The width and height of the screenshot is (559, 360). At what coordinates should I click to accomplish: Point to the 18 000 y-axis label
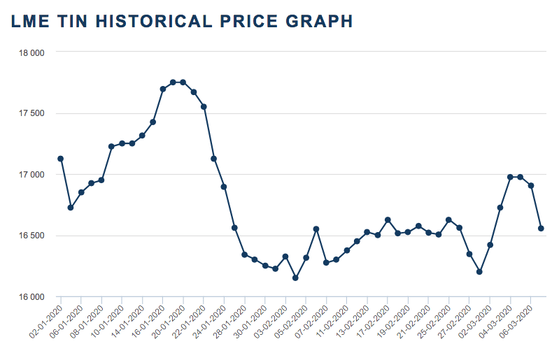[x=31, y=52]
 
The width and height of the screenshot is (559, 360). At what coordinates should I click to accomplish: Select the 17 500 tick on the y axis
[x=31, y=113]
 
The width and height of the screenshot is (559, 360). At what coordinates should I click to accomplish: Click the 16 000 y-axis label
[x=31, y=296]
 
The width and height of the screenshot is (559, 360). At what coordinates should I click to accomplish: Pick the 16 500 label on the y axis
[x=31, y=236]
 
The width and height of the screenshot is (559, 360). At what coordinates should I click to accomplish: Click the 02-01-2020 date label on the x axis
[x=46, y=321]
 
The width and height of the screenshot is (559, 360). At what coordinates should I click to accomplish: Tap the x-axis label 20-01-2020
[x=169, y=321]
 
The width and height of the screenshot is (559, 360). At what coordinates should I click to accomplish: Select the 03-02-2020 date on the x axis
[x=271, y=321]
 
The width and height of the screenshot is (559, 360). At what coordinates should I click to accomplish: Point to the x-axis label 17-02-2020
[x=373, y=321]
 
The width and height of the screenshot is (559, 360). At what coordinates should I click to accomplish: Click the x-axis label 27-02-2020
[x=455, y=321]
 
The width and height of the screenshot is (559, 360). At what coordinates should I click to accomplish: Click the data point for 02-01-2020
[x=61, y=159]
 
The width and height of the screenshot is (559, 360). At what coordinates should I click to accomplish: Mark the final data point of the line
[x=541, y=229]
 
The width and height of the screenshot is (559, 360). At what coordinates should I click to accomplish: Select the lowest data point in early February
[x=295, y=278]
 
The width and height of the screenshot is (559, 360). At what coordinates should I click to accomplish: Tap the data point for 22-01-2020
[x=204, y=107]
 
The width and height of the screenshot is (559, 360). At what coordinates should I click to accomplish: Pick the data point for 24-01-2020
[x=224, y=187]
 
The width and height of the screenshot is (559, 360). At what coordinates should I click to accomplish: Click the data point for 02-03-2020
[x=490, y=245]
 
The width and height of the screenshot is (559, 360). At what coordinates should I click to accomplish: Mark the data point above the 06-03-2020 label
[x=531, y=186]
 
